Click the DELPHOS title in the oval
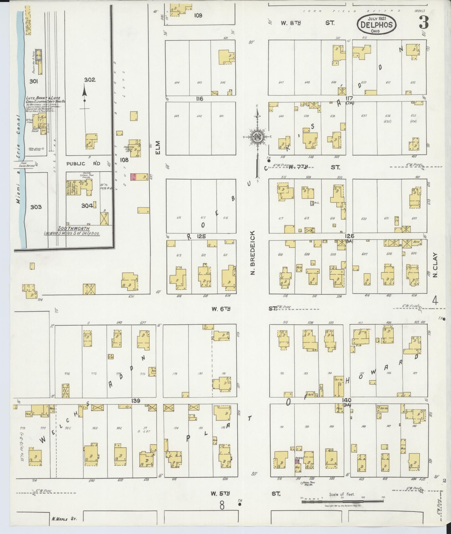tap(376, 25)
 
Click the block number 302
tap(89, 80)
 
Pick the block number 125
tap(201, 236)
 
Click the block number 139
tap(136, 400)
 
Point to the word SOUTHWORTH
tap(74, 229)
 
